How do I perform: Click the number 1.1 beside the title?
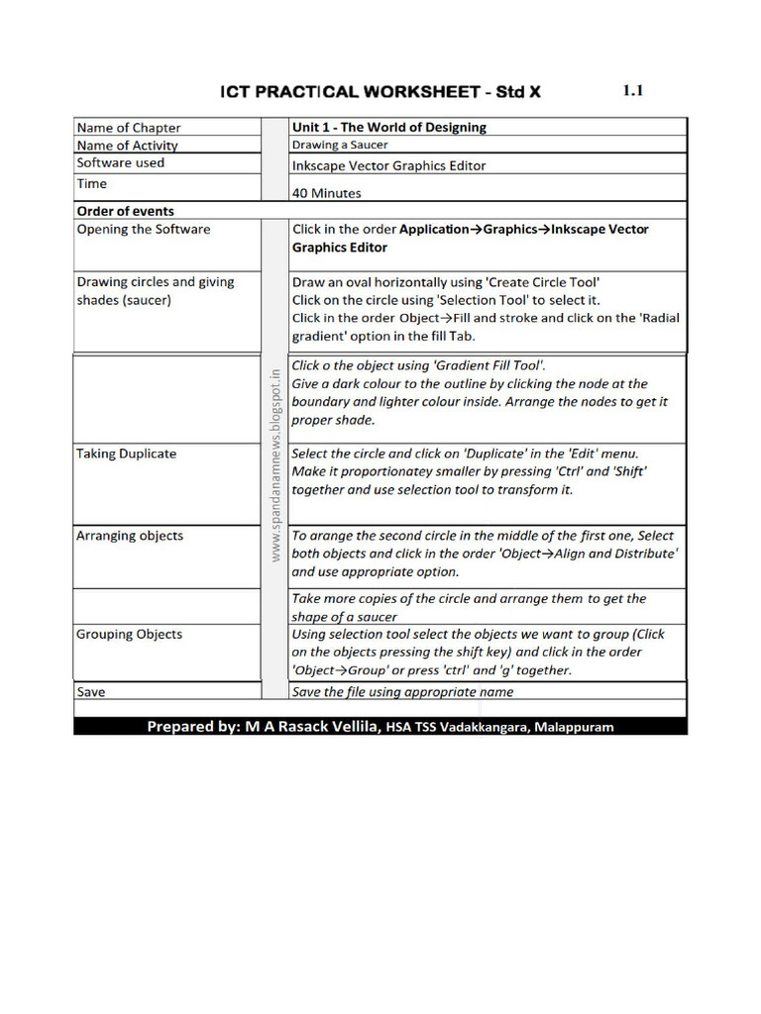(633, 91)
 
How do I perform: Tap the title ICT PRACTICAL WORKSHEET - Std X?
(380, 92)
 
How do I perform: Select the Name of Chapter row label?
(129, 128)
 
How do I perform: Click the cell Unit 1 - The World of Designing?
(389, 127)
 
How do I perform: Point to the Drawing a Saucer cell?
(340, 145)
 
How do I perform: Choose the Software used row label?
(121, 162)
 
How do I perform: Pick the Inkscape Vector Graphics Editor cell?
(389, 165)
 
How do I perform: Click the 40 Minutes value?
(327, 193)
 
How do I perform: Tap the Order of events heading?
(126, 211)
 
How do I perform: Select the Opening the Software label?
(144, 230)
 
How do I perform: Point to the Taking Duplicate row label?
(127, 454)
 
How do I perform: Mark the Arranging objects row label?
(130, 536)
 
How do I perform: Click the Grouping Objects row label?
(130, 634)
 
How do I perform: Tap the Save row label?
(91, 692)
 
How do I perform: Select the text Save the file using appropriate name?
(403, 692)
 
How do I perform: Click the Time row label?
(92, 183)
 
